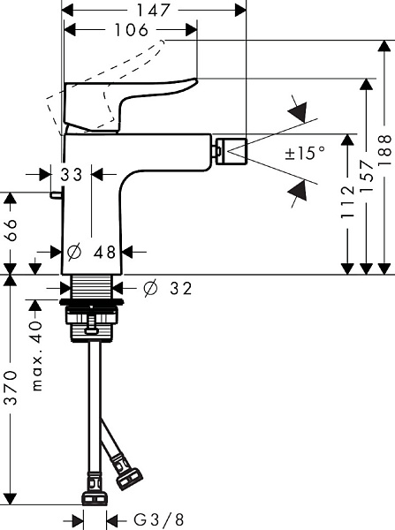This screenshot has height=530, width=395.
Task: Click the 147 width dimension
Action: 157,11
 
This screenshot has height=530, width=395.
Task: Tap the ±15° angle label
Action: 305,153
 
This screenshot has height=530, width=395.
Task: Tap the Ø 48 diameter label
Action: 93,252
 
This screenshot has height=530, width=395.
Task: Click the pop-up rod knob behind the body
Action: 56,195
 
